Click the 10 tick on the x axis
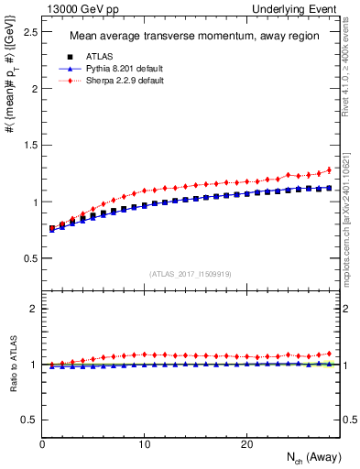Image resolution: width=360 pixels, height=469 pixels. (144, 444)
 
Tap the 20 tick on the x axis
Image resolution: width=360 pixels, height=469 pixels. (245, 444)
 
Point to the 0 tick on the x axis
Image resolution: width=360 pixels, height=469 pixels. (42, 444)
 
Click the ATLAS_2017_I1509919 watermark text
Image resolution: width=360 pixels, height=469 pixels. (190, 273)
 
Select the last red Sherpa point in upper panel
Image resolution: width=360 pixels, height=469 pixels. (329, 169)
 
